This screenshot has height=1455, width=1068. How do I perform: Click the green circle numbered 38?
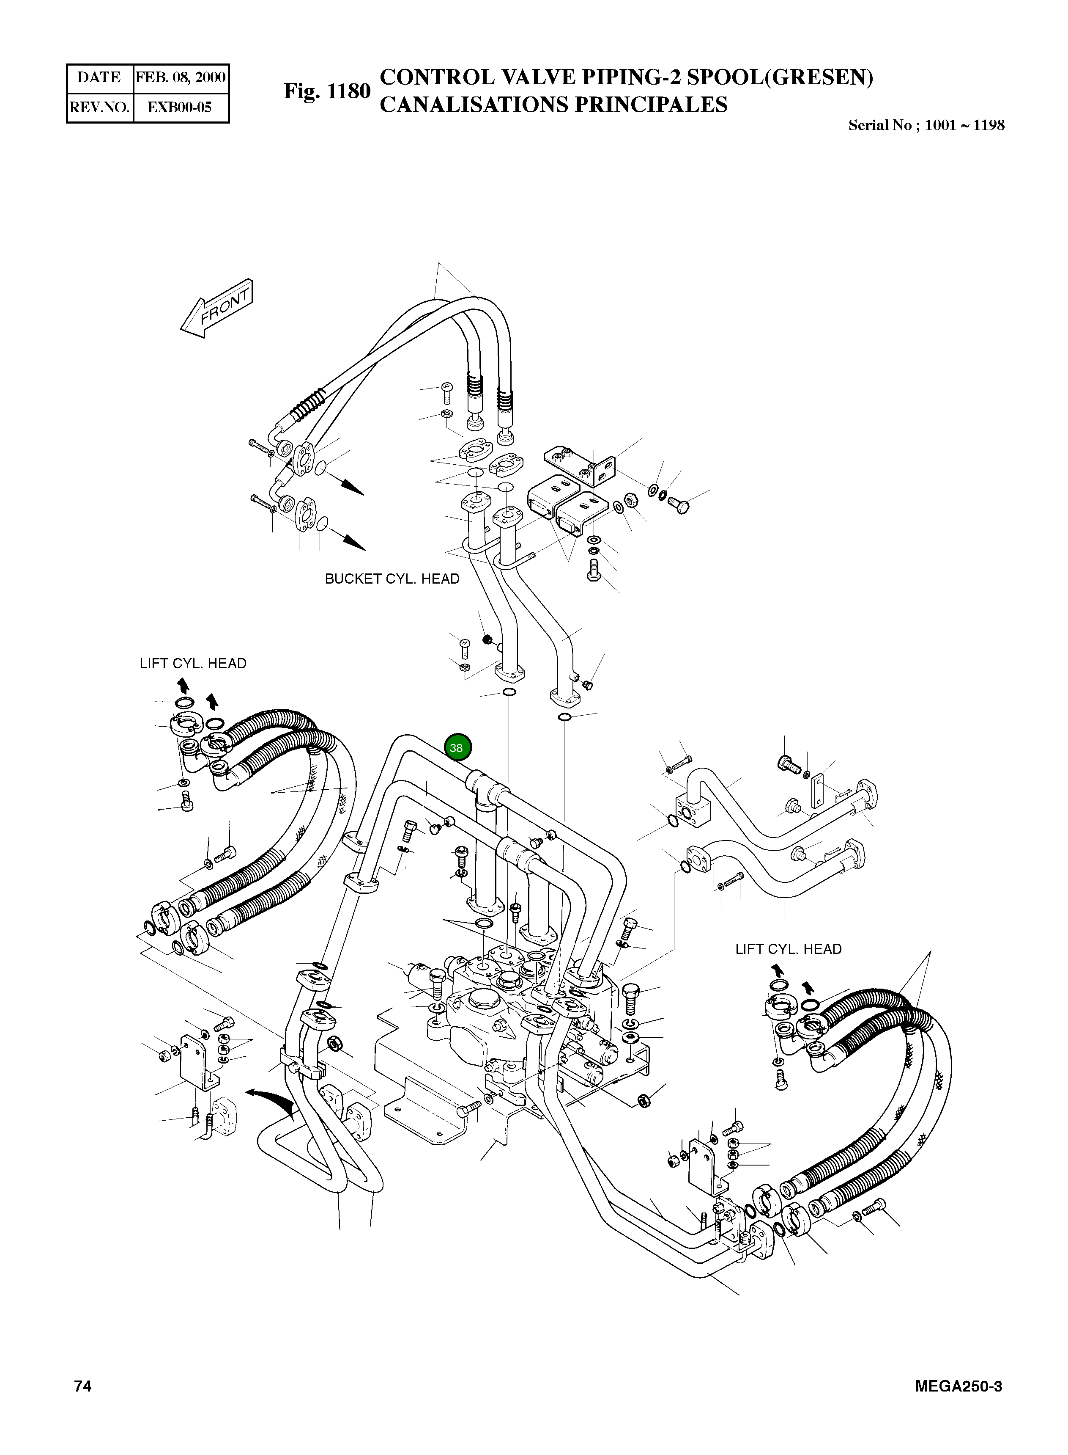pyautogui.click(x=458, y=747)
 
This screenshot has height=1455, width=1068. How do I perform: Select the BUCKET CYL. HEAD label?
pyautogui.click(x=392, y=579)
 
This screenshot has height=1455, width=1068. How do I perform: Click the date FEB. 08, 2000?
pyautogui.click(x=181, y=77)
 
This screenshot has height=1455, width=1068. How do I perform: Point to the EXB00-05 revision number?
pyautogui.click(x=180, y=107)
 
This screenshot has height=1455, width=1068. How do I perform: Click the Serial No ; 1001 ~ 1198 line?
pyautogui.click(x=926, y=126)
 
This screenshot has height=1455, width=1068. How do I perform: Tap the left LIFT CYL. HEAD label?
pyautogui.click(x=193, y=664)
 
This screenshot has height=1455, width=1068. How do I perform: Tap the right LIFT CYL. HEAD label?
pyautogui.click(x=788, y=949)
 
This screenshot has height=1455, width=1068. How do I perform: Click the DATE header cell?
pyautogui.click(x=99, y=77)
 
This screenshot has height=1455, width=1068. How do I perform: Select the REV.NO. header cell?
pyautogui.click(x=99, y=107)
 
